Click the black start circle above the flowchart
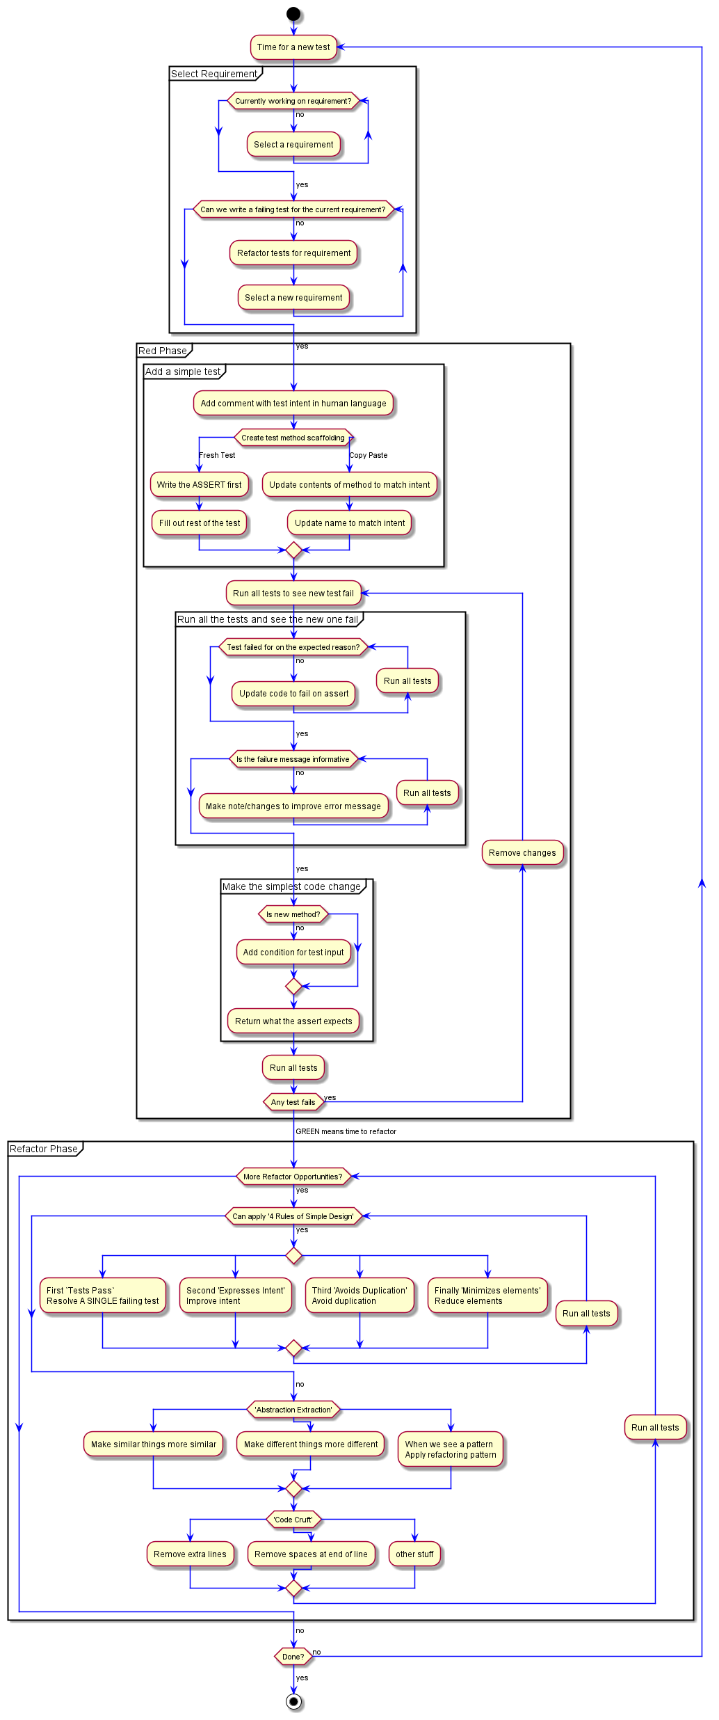293,13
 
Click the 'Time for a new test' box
293,47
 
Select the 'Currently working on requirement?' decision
293,101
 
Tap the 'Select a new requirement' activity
293,297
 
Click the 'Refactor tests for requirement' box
293,253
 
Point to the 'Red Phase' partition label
163,351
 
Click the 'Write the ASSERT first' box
199,485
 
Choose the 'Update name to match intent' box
350,523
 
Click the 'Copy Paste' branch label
369,455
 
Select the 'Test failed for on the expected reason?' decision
293,647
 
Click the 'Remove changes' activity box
522,853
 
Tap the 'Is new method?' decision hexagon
293,914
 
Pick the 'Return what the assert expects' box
293,1021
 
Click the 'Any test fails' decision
293,1102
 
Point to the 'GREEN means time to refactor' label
346,1131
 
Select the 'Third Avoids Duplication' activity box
359,1296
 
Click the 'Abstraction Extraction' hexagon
293,1410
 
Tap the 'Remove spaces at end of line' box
311,1554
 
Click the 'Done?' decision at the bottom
293,1657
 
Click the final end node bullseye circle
293,1702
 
